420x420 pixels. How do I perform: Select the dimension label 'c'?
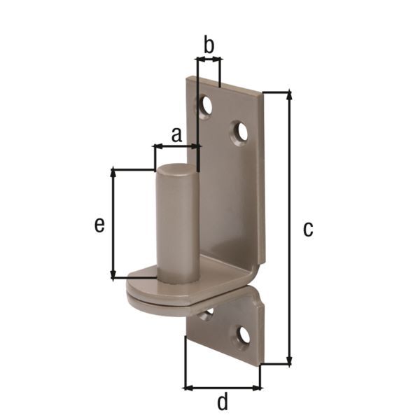308,229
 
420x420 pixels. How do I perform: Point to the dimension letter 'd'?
223,401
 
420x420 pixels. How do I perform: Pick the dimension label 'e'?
99,225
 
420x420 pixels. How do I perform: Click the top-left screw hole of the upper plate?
206,105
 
